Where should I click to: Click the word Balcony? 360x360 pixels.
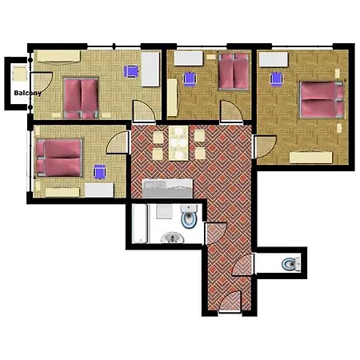(x=28, y=93)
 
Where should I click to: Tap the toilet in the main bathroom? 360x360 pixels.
(x=189, y=216)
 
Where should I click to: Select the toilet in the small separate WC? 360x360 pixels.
(x=291, y=264)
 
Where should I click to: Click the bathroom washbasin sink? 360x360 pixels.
(x=173, y=238)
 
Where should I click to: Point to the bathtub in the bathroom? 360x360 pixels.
(x=140, y=224)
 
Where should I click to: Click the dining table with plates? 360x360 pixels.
(x=178, y=143)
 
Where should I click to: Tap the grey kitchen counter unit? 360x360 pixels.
(x=167, y=188)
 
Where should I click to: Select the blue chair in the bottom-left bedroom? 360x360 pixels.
(x=100, y=172)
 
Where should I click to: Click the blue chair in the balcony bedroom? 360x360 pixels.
(x=131, y=71)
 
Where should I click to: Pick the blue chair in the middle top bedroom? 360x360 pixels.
(x=190, y=78)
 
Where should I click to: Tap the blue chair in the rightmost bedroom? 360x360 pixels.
(x=277, y=79)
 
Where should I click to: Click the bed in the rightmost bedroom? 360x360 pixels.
(x=322, y=100)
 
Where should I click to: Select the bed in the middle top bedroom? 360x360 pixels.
(x=234, y=71)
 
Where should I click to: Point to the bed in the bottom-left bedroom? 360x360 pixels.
(x=59, y=158)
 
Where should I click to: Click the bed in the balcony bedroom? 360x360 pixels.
(x=81, y=98)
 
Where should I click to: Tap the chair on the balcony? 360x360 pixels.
(x=19, y=73)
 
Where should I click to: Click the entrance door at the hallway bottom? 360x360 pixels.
(x=230, y=302)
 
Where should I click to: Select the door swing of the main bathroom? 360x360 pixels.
(x=215, y=233)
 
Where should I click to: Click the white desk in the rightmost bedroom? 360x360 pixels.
(x=274, y=59)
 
